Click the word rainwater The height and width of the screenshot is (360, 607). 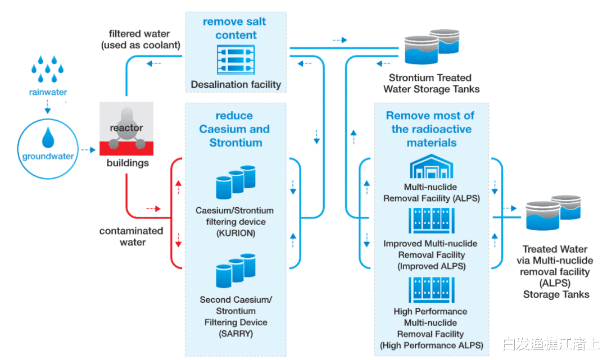point(48,92)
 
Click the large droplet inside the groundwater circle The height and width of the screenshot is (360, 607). point(48,138)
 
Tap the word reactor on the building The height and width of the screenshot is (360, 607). point(126,127)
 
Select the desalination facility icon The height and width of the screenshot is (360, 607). point(235,60)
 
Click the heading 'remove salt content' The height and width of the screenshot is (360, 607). point(235,28)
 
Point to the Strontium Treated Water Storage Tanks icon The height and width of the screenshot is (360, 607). point(432,47)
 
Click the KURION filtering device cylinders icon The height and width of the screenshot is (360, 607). point(235,182)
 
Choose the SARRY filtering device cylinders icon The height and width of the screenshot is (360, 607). point(235,271)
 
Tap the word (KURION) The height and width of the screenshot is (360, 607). point(235,233)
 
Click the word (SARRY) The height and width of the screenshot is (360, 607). point(235,334)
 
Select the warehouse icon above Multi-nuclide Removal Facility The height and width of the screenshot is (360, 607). point(431,166)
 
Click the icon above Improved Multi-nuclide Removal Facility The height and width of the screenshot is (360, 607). point(431,221)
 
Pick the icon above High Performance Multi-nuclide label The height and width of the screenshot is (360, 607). point(431,290)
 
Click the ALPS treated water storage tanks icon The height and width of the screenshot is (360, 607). point(553,213)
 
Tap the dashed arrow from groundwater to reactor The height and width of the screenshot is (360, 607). point(88,149)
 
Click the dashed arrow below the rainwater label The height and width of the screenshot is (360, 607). point(48,106)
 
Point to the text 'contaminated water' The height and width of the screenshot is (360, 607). point(132,236)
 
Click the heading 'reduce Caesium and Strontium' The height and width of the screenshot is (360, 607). point(235,129)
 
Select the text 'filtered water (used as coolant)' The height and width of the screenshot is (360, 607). point(140,39)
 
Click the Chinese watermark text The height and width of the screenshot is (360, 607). point(551,343)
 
